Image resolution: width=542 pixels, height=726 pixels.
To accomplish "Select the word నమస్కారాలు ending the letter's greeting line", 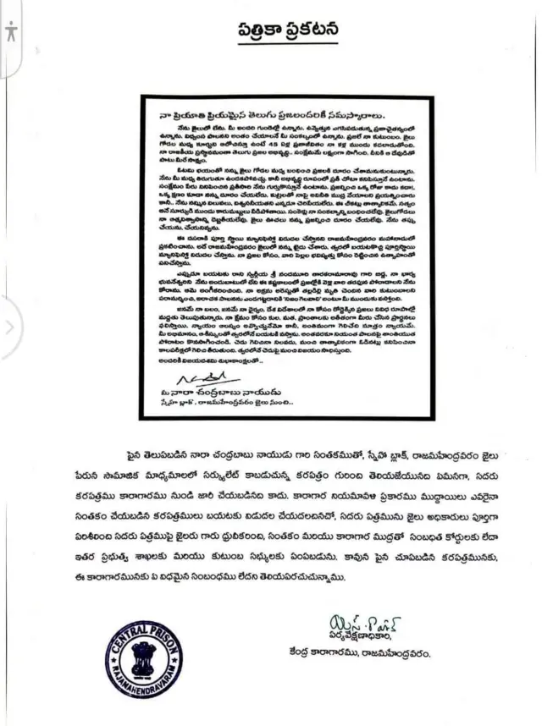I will pos(356,112).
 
